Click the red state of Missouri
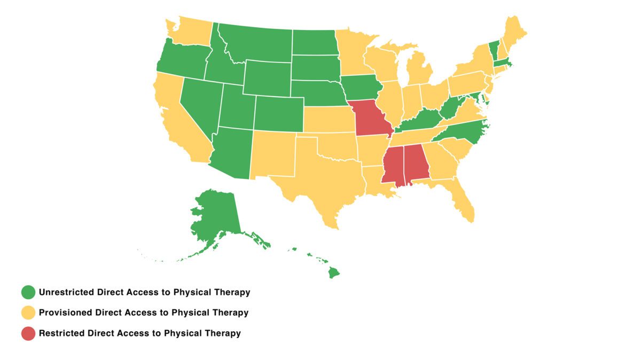tap(370, 119)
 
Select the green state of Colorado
tap(278, 113)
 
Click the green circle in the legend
tap(28, 292)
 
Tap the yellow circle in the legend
tap(28, 312)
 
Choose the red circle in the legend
tap(28, 333)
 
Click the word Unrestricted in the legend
tap(66, 292)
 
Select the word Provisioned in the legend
tap(65, 312)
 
